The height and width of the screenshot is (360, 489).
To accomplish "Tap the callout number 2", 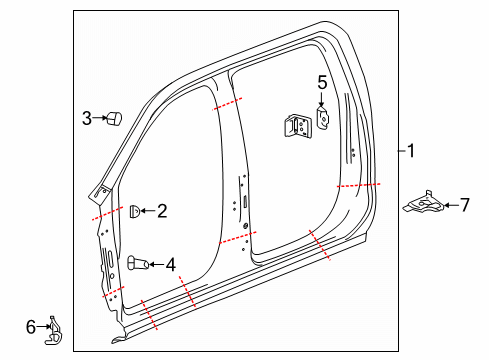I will pyautogui.click(x=162, y=210).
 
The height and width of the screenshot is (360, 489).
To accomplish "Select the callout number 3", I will pyautogui.click(x=87, y=119).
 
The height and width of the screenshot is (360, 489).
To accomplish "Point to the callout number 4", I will pyautogui.click(x=171, y=264).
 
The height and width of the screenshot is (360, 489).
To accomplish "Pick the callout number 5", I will pyautogui.click(x=322, y=82).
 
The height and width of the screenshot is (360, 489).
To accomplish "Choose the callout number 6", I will pyautogui.click(x=30, y=325).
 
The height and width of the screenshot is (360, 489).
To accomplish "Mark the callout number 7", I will pyautogui.click(x=464, y=205).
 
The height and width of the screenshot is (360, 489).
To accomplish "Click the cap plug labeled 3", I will pyautogui.click(x=113, y=119).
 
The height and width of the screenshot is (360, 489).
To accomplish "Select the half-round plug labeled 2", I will pyautogui.click(x=134, y=210).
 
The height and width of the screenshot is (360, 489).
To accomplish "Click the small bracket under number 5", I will pyautogui.click(x=323, y=117).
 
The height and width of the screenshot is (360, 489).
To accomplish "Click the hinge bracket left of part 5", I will pyautogui.click(x=296, y=125).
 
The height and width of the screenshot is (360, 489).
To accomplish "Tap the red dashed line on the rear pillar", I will pyautogui.click(x=358, y=186).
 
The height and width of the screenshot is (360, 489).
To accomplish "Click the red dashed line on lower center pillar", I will pyautogui.click(x=237, y=236).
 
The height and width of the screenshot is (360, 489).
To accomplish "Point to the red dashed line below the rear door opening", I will pyautogui.click(x=319, y=246).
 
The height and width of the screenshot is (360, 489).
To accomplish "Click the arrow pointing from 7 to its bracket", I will pyautogui.click(x=449, y=205).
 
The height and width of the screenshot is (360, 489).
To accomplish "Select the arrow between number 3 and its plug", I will pyautogui.click(x=100, y=119).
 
